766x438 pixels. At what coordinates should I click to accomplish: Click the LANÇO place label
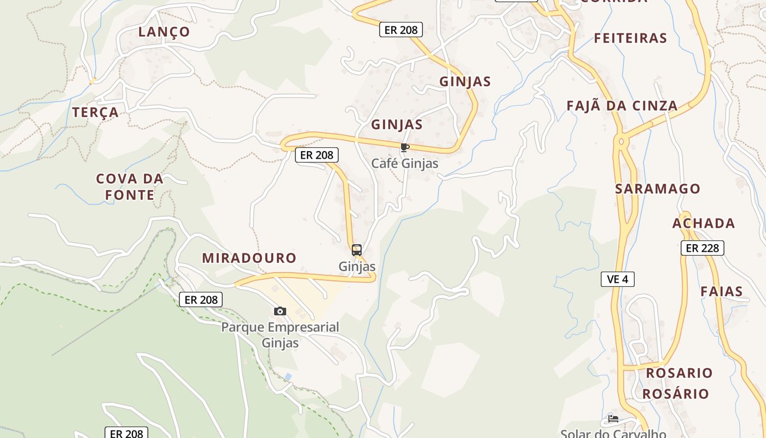tap(164, 32)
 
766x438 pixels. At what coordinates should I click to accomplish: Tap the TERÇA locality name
tap(95, 112)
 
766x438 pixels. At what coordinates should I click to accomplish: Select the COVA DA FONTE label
tap(130, 187)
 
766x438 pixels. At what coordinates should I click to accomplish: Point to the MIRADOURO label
tap(249, 258)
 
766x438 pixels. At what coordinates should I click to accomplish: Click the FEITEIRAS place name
tap(630, 38)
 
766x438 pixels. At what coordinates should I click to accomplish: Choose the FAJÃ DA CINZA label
tap(622, 106)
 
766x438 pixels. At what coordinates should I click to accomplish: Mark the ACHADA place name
tap(704, 223)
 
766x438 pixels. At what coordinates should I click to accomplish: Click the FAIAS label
tap(722, 292)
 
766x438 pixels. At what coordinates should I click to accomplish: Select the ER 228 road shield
tap(702, 248)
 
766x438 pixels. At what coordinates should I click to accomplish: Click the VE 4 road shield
tap(617, 279)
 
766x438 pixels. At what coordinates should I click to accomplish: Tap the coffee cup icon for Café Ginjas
tap(405, 147)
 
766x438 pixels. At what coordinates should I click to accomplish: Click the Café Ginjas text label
tap(405, 163)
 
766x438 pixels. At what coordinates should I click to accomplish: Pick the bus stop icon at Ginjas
tap(357, 250)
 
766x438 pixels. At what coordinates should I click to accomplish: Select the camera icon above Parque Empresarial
tap(280, 311)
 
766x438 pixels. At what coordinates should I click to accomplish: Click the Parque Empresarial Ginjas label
tap(280, 335)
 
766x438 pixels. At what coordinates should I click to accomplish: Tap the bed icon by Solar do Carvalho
tap(613, 419)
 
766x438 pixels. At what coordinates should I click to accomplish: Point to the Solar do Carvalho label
tap(613, 434)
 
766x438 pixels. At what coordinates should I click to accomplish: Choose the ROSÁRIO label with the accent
tap(675, 394)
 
